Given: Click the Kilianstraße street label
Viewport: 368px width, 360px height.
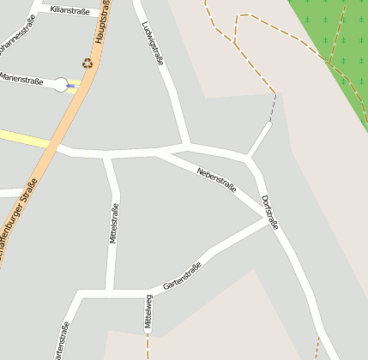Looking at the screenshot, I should tap(70, 10).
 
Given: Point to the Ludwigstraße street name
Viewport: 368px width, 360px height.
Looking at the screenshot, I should tap(152, 41).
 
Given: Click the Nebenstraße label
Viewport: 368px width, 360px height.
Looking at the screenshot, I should tap(216, 178).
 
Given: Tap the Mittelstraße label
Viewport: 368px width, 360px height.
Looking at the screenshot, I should tap(114, 223).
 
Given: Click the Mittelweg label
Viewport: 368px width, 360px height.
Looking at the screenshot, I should tap(148, 312).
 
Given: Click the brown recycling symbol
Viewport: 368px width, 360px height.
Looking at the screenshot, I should tap(87, 62).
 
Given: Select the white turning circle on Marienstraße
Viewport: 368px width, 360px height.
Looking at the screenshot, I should tap(61, 85).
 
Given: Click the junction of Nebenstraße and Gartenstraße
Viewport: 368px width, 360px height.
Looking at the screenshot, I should tap(264, 219).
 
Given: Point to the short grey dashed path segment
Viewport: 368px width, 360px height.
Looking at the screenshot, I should tap(273, 107).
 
